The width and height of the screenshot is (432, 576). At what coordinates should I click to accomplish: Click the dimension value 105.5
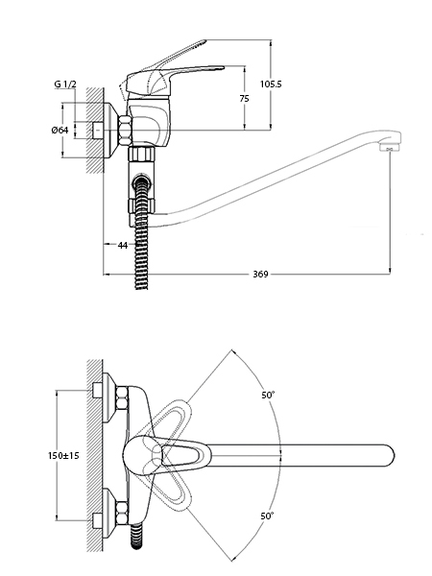271,84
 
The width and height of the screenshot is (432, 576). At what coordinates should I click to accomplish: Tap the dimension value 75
244,99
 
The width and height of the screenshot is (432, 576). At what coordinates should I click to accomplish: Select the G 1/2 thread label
65,84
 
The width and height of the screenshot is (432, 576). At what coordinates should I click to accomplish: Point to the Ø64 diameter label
60,130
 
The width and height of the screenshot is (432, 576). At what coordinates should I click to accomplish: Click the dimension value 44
122,245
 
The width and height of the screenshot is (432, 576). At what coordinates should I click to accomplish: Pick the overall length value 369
260,274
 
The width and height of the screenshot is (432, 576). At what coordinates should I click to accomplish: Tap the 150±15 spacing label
63,455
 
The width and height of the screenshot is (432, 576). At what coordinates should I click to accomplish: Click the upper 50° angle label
268,396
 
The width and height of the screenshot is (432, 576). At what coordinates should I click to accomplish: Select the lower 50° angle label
268,516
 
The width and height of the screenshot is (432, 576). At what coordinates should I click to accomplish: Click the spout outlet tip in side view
390,148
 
